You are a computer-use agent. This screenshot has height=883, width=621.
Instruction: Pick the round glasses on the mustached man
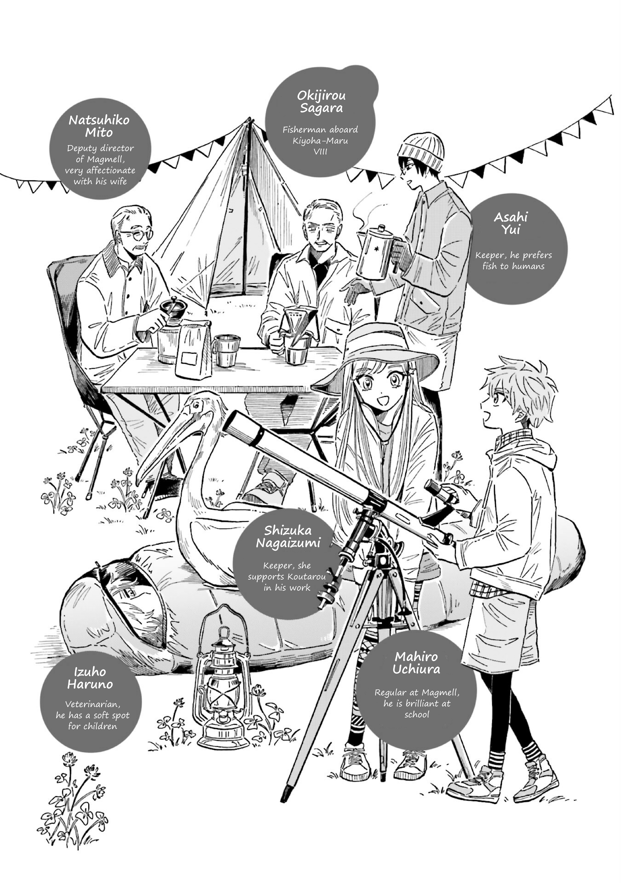[x=136, y=234]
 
